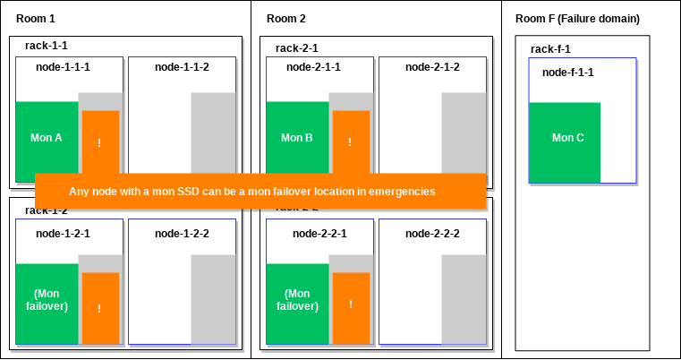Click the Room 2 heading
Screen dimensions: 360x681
click(x=285, y=19)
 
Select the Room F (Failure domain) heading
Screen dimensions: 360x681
click(x=577, y=19)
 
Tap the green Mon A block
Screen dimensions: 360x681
click(x=47, y=139)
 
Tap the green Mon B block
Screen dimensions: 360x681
click(x=297, y=139)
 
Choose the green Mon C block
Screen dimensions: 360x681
click(x=565, y=138)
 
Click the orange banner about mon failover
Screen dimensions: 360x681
click(x=260, y=191)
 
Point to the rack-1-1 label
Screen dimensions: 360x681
click(x=47, y=48)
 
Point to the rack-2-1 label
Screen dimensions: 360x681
click(x=297, y=48)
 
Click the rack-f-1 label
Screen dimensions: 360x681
click(x=550, y=49)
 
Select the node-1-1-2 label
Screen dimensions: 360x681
click(x=182, y=67)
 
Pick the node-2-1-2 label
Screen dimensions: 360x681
click(x=432, y=67)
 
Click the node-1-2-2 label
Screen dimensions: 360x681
click(x=182, y=234)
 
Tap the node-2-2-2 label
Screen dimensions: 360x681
click(x=432, y=234)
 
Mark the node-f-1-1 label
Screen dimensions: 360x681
click(x=568, y=72)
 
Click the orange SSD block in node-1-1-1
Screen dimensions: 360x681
click(x=100, y=141)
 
